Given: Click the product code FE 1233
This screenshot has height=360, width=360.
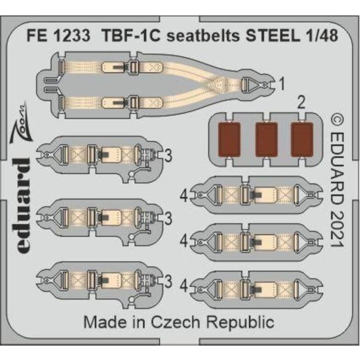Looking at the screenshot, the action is [58, 36].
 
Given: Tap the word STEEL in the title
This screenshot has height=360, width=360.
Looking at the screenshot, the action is [273, 36].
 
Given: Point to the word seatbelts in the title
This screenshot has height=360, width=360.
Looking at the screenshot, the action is [203, 36].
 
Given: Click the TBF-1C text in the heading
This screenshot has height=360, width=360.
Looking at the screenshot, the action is [131, 36].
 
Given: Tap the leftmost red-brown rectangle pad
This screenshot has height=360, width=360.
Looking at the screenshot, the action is [229, 139].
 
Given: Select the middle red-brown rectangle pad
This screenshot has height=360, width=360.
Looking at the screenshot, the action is [266, 139].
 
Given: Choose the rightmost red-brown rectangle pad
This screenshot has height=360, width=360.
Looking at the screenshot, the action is [302, 139].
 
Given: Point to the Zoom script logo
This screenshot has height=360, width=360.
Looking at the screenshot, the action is [21, 123].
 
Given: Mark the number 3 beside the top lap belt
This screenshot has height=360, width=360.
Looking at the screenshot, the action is [168, 156].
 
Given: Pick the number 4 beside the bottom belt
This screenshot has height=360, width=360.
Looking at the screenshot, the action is [184, 287].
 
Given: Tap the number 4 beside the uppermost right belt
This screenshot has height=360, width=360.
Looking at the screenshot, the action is [184, 196].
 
